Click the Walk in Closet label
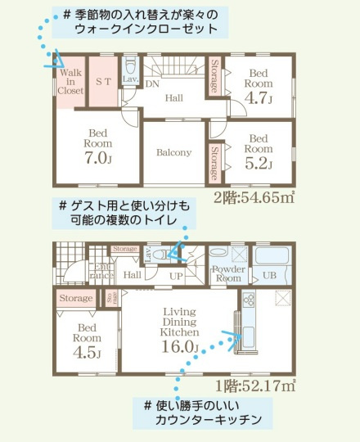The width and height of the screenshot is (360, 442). point(70,82)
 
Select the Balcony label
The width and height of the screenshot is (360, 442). point(173,152)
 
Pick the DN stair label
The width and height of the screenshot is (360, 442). point(152,83)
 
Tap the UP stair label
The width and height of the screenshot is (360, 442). point(176,277)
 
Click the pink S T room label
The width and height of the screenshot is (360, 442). point(103,81)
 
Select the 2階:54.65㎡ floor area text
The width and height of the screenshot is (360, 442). point(254,197)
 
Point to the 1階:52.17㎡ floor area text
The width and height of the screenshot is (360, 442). point(255,385)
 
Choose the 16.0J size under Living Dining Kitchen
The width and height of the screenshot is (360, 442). point(181,346)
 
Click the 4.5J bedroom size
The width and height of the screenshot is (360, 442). point(86,354)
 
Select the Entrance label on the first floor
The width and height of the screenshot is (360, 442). point(103,273)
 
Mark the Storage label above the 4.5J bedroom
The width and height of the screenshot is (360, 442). point(76,299)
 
